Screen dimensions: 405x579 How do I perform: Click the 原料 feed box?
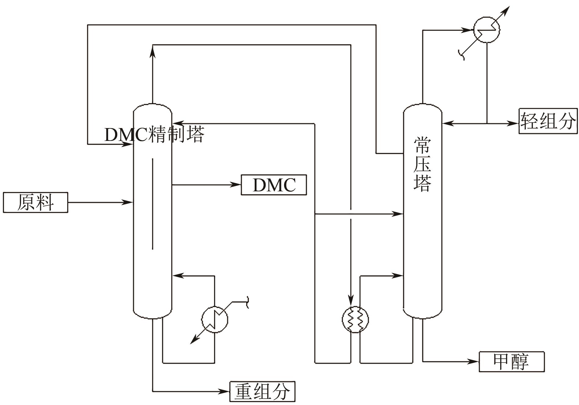click(x=35, y=202)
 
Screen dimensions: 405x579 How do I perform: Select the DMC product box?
click(x=274, y=185)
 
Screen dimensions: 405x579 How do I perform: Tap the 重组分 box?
click(x=262, y=391)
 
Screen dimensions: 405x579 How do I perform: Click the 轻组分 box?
click(x=548, y=121)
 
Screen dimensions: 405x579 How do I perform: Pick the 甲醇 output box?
click(x=512, y=362)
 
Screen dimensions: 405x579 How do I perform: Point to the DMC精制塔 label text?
click(x=154, y=134)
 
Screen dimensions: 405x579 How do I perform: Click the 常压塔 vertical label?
click(x=422, y=165)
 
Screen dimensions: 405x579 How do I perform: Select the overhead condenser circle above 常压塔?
click(x=486, y=30)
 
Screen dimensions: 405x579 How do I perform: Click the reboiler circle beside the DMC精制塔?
click(x=214, y=319)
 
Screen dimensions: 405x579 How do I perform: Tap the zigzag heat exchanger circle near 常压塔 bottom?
click(x=355, y=319)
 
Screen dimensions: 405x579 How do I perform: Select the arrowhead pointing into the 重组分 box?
click(x=225, y=391)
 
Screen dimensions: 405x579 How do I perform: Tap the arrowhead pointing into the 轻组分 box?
click(x=514, y=123)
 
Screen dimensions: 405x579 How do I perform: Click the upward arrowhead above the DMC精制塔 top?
click(x=152, y=53)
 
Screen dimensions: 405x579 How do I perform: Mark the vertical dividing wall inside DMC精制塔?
click(x=152, y=204)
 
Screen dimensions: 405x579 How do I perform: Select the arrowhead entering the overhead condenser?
click(x=469, y=30)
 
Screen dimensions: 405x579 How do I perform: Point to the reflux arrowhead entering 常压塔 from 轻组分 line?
click(x=446, y=123)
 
